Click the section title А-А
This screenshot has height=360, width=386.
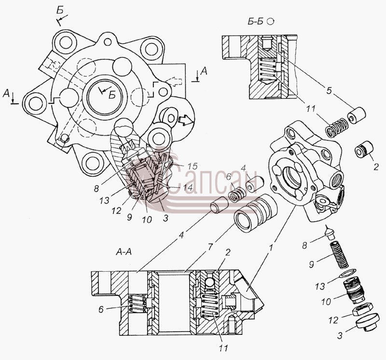click(124, 252)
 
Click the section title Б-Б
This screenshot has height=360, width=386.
click(255, 22)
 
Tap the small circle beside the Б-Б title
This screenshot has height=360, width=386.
click(271, 21)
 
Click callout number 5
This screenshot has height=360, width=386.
click(329, 91)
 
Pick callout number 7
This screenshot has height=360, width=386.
click(209, 247)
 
